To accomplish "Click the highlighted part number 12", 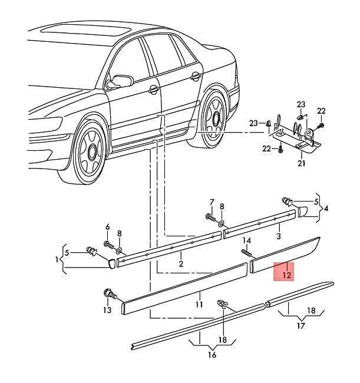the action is point(287,275).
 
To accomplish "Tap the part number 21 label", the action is point(302,163).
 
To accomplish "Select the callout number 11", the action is point(199,305).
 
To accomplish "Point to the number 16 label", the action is point(212,355).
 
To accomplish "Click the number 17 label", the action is point(301,326).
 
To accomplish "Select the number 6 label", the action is point(107,227).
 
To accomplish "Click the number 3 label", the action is point(279,236).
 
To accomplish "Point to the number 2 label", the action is point(181,264).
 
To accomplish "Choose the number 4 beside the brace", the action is point(326,209).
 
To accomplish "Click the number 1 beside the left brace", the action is point(57,259).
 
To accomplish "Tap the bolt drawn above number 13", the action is point(110,293).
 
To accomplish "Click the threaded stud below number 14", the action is point(247,253).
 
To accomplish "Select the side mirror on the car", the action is point(120,81).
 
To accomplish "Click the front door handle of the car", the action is point(154,90).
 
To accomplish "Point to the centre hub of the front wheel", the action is point(92,152).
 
